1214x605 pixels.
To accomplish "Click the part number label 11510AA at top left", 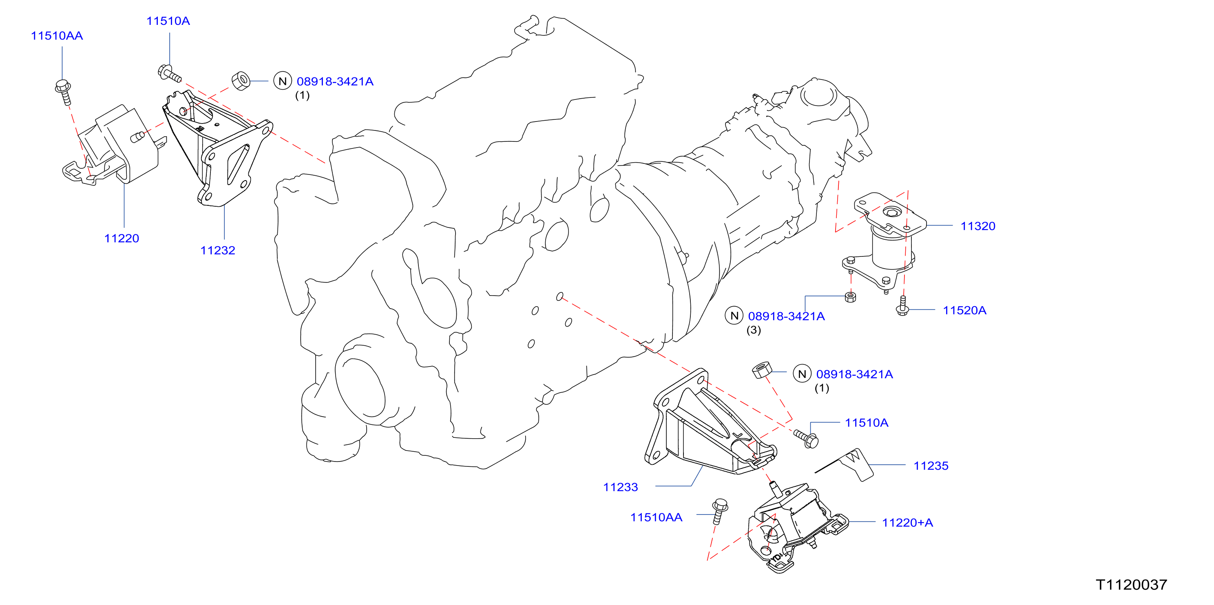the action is pyautogui.click(x=57, y=36).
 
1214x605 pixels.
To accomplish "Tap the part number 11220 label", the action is pyautogui.click(x=122, y=238).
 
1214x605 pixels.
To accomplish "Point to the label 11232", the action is pyautogui.click(x=218, y=251).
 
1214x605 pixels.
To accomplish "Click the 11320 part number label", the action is pyautogui.click(x=978, y=226).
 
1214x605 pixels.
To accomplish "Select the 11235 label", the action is pyautogui.click(x=931, y=466).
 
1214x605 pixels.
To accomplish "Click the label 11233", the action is pyautogui.click(x=620, y=487).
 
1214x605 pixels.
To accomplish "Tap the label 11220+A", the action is pyautogui.click(x=907, y=523).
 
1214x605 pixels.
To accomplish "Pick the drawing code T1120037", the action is pyautogui.click(x=1132, y=585).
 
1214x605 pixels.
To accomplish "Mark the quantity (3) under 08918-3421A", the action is pyautogui.click(x=754, y=330).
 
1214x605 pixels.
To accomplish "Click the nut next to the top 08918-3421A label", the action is pyautogui.click(x=241, y=81).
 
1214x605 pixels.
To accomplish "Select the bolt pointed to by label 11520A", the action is pyautogui.click(x=902, y=306).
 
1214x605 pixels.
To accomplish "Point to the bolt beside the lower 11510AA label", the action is pyautogui.click(x=719, y=511).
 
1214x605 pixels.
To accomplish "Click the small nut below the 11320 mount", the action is pyautogui.click(x=851, y=297).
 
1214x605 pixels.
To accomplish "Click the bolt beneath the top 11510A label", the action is pyautogui.click(x=169, y=73).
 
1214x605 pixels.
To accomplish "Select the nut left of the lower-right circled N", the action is pyautogui.click(x=762, y=370).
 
